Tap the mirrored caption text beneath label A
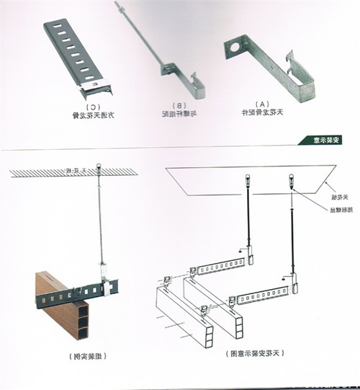[x=261, y=113]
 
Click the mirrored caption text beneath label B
[x=179, y=113]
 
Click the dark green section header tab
[x=312, y=139]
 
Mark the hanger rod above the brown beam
[x=100, y=223]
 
